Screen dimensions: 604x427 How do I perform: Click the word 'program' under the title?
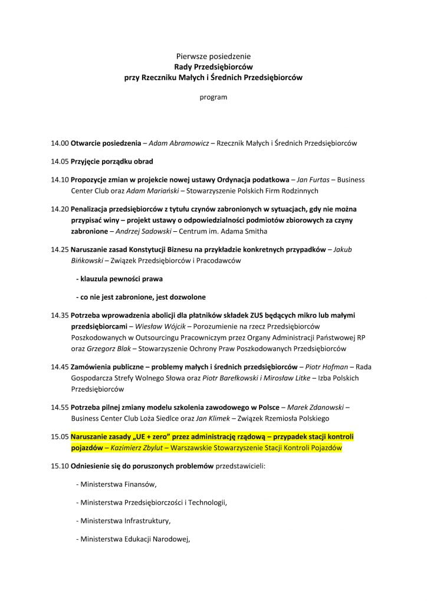click(x=213, y=97)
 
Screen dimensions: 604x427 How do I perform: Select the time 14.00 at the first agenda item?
click(x=60, y=143)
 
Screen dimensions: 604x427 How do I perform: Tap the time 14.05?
click(x=60, y=162)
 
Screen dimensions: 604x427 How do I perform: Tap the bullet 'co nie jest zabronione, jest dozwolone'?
click(x=141, y=296)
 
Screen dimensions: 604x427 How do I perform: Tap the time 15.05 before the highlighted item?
click(x=60, y=437)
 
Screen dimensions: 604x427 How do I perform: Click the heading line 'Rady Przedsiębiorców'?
click(x=213, y=67)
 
